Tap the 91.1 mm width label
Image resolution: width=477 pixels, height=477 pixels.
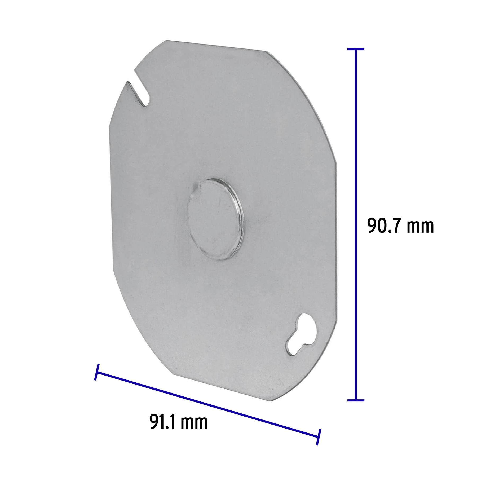click(x=178, y=422)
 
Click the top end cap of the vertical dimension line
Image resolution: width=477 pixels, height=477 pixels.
click(x=356, y=49)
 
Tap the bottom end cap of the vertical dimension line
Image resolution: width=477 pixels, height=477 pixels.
click(x=356, y=400)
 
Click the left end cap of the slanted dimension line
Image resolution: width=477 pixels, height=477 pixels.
click(x=97, y=372)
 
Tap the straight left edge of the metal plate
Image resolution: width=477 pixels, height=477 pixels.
click(x=111, y=199)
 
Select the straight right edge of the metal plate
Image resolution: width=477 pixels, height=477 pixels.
click(x=337, y=238)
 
